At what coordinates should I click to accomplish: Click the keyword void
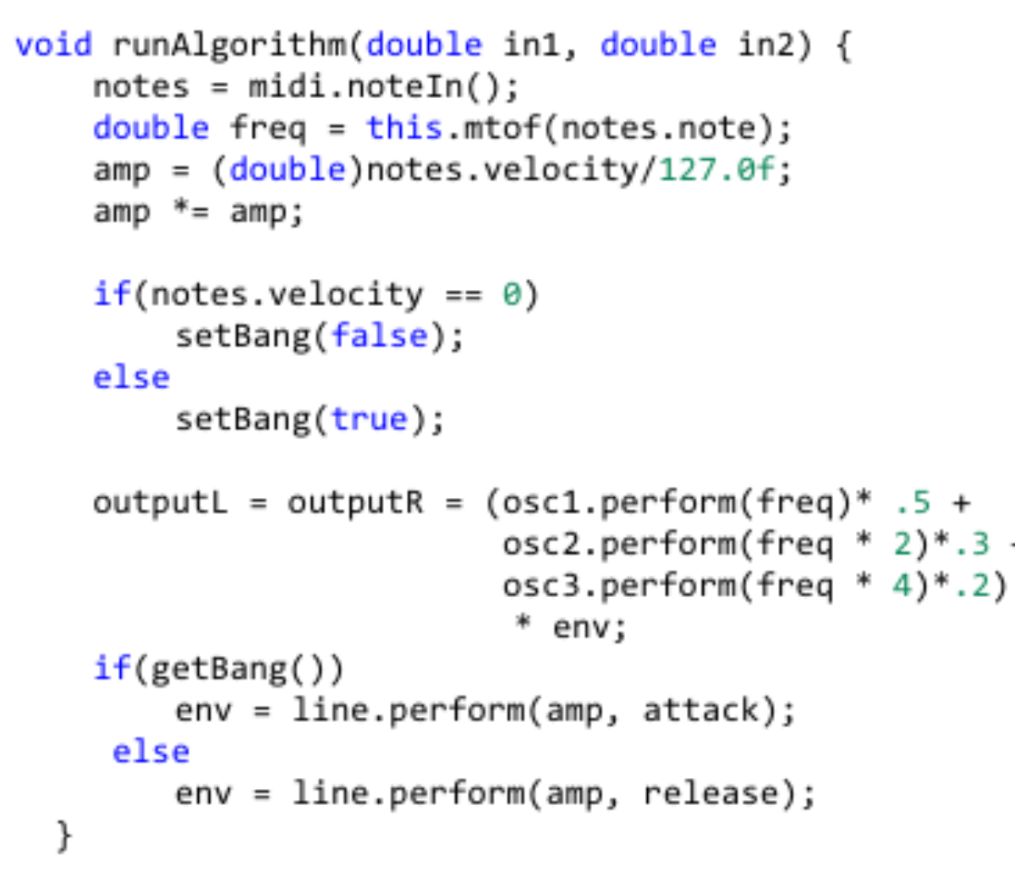53,45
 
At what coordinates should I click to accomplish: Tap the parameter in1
531,45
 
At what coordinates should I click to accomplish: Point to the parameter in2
766,45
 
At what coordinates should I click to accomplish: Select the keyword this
404,129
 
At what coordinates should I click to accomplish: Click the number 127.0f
716,170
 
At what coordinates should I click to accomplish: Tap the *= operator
191,211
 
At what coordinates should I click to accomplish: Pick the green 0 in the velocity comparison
512,294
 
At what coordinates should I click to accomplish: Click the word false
379,337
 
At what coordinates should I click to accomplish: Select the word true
370,419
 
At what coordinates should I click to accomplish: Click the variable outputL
161,504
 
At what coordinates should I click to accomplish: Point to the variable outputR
355,504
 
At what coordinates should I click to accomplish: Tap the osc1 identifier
541,503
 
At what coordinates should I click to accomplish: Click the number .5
913,503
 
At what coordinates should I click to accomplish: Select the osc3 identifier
541,586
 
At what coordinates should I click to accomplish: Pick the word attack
701,710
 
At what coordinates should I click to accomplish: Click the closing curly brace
64,835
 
